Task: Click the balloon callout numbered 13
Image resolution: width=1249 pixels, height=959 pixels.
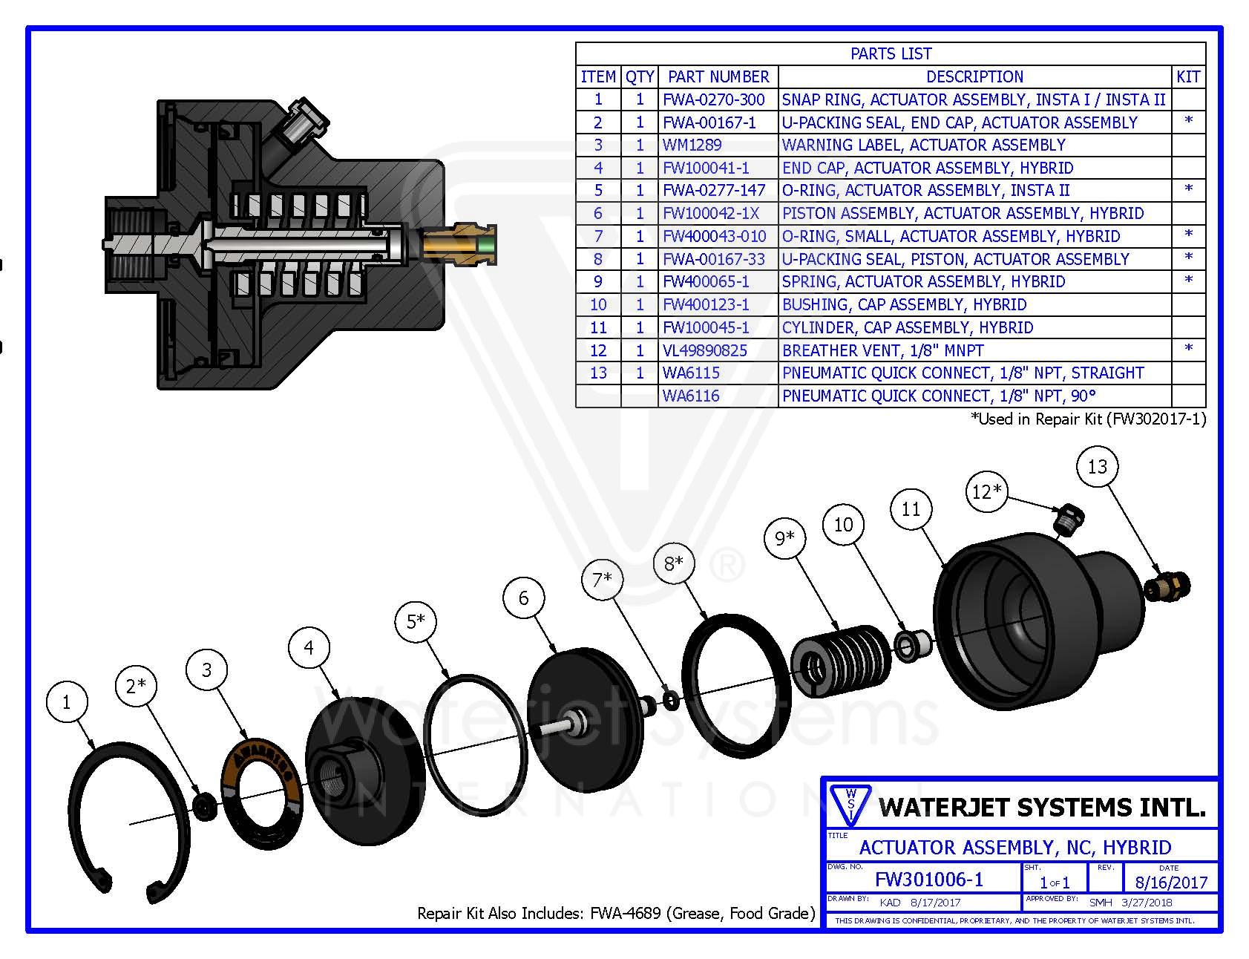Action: point(1097,467)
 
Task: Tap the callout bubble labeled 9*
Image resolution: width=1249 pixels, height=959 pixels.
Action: point(784,537)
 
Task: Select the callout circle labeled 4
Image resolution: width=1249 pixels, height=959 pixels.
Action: point(309,648)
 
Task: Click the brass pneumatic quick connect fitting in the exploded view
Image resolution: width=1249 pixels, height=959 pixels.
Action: point(1167,586)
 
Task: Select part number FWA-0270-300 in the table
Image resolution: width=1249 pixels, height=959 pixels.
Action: point(713,99)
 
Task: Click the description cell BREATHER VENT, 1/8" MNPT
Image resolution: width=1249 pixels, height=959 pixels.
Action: point(882,350)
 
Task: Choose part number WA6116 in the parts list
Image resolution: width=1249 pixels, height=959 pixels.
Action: point(691,396)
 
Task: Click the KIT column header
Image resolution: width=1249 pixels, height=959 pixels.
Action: point(1188,76)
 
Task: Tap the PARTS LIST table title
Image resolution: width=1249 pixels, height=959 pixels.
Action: point(891,53)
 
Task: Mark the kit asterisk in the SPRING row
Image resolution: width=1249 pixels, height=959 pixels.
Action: point(1188,281)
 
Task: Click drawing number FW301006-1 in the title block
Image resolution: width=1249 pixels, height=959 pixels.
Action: point(929,880)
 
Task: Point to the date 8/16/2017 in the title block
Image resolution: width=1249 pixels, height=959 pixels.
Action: point(1171,883)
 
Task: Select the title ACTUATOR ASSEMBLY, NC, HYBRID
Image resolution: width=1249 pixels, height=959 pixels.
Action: point(1015,848)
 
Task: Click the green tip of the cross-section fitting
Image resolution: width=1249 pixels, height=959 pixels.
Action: point(487,246)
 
